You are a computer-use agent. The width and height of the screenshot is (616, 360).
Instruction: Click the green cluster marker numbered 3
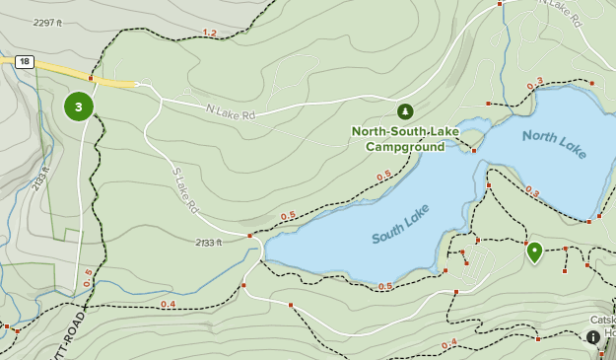[79, 107]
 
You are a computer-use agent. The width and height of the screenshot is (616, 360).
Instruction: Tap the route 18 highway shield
[25, 62]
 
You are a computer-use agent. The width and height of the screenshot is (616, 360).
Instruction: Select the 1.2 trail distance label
[209, 34]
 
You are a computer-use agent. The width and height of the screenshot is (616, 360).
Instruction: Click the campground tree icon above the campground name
[404, 111]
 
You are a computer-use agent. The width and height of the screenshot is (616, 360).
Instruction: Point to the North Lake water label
[554, 144]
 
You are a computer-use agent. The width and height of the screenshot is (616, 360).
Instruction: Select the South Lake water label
[402, 225]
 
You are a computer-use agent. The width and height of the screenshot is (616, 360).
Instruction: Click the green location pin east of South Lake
[534, 252]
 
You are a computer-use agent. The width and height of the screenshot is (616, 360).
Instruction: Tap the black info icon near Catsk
[593, 338]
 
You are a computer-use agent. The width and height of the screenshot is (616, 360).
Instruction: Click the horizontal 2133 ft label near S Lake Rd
[209, 242]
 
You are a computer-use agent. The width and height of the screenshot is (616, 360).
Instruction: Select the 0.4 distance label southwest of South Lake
[168, 304]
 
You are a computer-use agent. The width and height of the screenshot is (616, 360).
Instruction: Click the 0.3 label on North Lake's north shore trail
[534, 86]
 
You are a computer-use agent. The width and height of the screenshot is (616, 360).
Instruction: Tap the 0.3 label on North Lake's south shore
[532, 192]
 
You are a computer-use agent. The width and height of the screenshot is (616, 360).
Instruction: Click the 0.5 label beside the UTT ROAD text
[87, 279]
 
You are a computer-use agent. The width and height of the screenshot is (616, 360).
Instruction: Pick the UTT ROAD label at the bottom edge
[80, 333]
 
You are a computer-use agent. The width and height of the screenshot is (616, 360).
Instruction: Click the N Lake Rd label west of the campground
[230, 113]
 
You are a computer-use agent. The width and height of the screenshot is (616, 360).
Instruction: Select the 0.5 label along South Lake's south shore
[385, 287]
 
